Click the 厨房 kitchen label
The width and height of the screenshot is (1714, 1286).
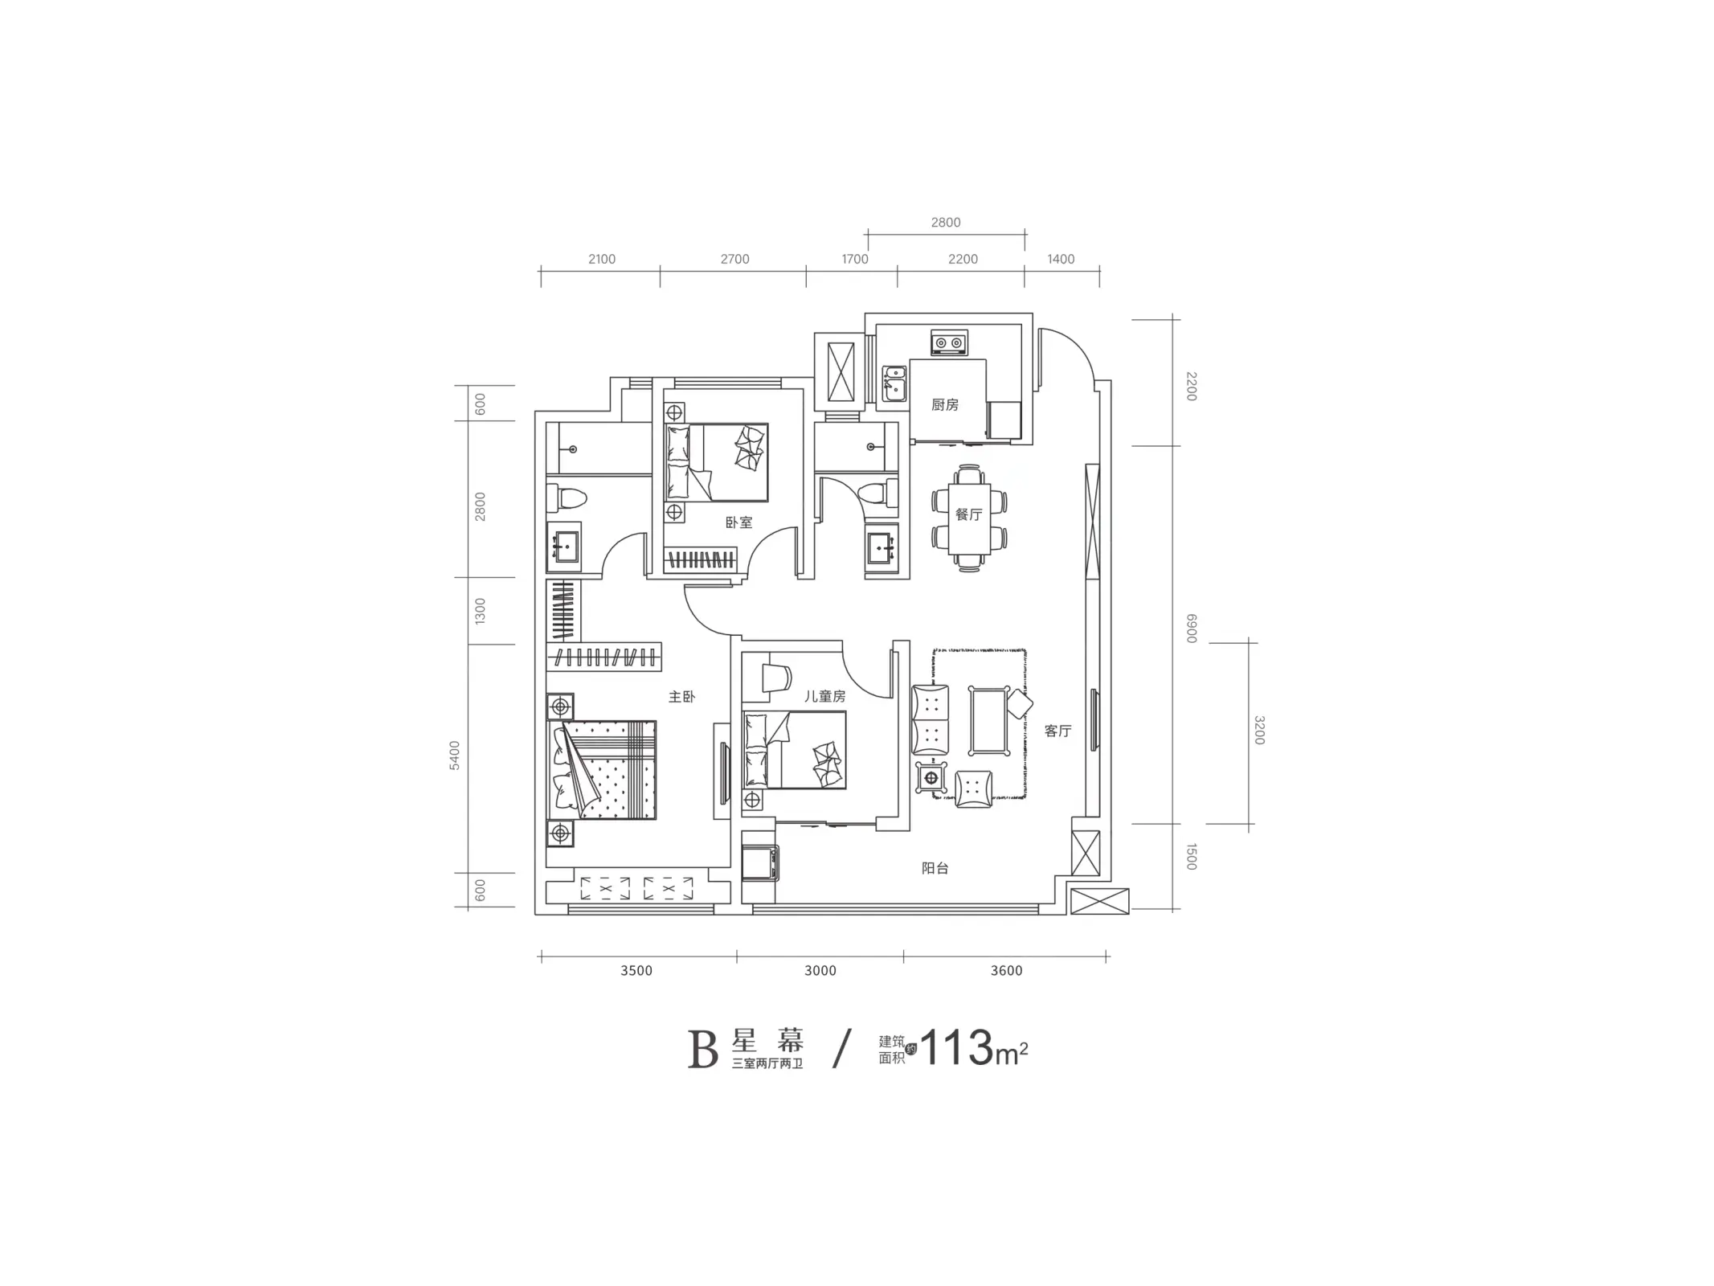(945, 404)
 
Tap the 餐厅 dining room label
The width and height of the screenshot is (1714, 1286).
(968, 514)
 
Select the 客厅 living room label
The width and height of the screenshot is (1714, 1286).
(1057, 731)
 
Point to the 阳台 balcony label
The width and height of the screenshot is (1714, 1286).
(935, 868)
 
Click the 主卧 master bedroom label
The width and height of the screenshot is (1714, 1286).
(681, 697)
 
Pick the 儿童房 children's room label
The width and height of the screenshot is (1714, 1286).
(825, 696)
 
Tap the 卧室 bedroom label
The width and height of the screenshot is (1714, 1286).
(738, 522)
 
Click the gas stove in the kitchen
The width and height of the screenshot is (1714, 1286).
(948, 342)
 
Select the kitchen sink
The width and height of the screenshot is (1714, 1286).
(894, 383)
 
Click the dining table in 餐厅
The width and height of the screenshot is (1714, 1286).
(969, 518)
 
